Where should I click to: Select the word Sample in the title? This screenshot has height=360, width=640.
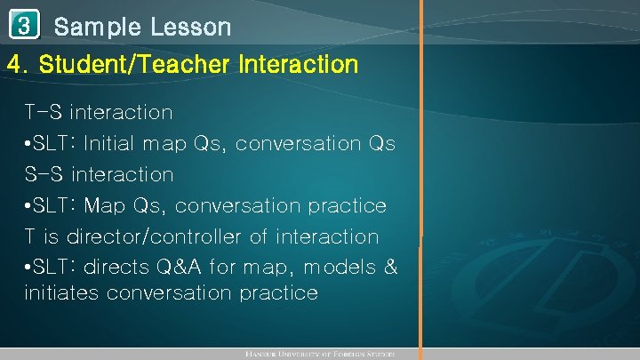coord(97,27)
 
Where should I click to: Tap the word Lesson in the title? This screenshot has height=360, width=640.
coord(190,27)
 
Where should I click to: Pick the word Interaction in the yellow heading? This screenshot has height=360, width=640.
coord(299,65)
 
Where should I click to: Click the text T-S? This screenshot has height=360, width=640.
coord(44,112)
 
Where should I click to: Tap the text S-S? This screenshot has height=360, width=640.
coord(44,174)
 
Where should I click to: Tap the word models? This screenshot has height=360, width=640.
coord(337,268)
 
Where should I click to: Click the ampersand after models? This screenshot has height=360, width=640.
coord(390,268)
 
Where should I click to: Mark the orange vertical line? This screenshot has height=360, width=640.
coord(421,178)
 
